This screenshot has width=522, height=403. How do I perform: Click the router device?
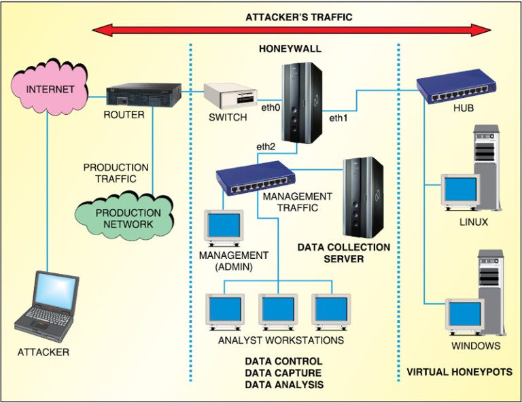(x=143, y=94)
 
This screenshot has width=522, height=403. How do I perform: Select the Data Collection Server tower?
(x=362, y=196)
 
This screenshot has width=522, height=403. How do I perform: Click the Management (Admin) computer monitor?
(x=224, y=228)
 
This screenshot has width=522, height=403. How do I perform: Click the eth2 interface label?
(x=265, y=146)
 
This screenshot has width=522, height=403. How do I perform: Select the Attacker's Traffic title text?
(x=299, y=17)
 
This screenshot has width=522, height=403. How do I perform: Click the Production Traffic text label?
(x=116, y=173)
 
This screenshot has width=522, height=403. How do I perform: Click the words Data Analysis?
(x=283, y=385)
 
